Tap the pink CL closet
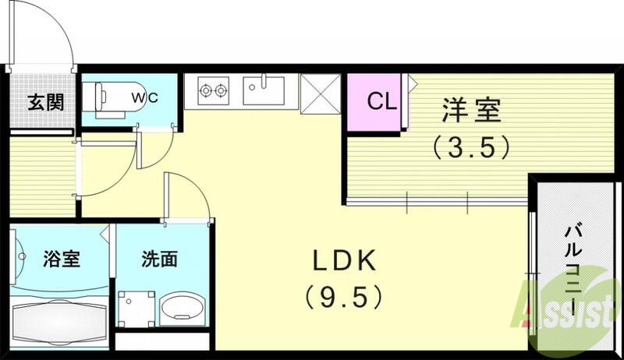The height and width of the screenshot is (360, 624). [x=374, y=102]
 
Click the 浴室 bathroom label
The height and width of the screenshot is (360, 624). [x=62, y=259]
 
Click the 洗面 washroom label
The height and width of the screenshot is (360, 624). [x=159, y=259]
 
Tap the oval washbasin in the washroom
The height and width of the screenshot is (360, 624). [x=181, y=310]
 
